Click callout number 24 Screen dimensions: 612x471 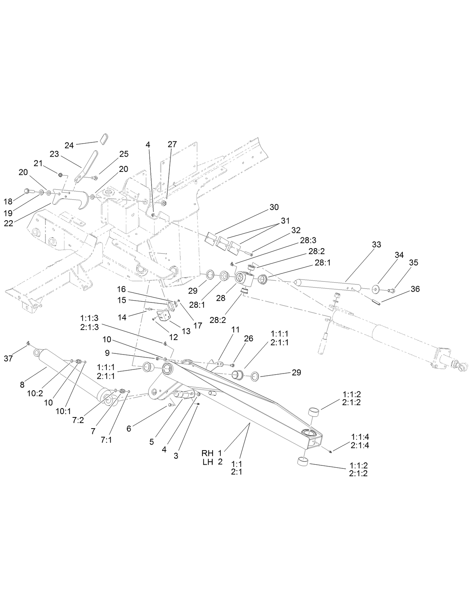tap(69, 145)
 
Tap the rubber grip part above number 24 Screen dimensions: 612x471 tap(104, 139)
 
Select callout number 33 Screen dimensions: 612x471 tap(376, 245)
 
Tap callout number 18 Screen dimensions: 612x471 tap(8, 202)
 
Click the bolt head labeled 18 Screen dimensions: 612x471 tap(27, 191)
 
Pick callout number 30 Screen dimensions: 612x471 tap(274, 207)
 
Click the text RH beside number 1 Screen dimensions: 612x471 tap(207, 453)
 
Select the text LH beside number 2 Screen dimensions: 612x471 tap(207, 462)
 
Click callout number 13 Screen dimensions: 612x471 tap(186, 331)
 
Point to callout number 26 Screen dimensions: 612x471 tap(248, 338)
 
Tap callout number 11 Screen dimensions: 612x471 tap(235, 330)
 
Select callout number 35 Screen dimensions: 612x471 tap(413, 262)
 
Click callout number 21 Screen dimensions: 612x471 tap(38, 163)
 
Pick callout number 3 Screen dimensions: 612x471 tap(176, 456)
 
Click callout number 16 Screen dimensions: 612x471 tap(122, 289)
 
